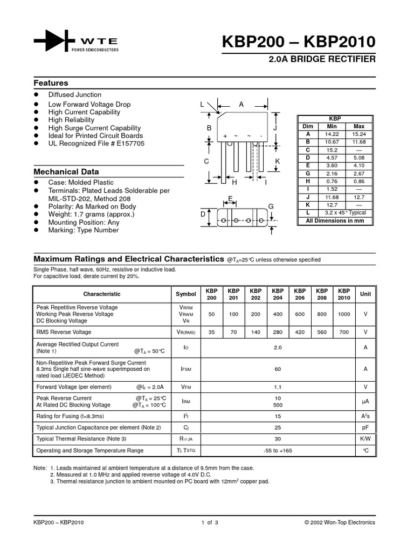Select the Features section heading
coord(51,83)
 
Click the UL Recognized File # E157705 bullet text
coord(96,144)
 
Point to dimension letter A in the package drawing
coord(241,104)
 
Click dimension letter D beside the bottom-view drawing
coord(203,215)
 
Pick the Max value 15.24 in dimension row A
coord(358,134)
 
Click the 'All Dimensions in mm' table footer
coord(335,220)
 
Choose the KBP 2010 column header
coord(344,294)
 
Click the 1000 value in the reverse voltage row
coord(344,314)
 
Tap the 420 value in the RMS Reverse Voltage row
coord(300,332)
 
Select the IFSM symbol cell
coord(186,369)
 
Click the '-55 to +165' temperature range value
coord(278,450)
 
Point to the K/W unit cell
coord(365,439)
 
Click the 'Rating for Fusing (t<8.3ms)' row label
coord(70,416)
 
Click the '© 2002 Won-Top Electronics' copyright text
coord(340,522)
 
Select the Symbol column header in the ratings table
coord(186,294)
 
